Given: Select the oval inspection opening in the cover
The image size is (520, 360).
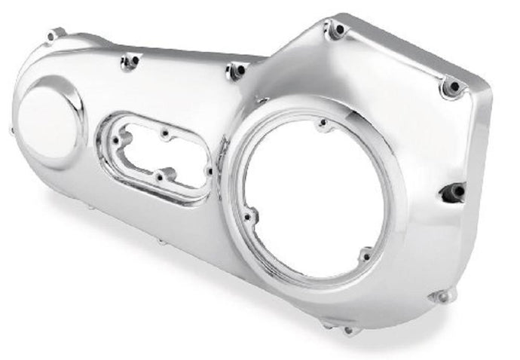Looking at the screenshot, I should [x=156, y=156].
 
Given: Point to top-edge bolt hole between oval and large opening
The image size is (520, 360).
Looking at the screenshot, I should [x=236, y=71].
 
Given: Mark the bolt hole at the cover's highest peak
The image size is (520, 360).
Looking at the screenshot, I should [x=336, y=30].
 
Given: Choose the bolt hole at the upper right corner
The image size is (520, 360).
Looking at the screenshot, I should [x=452, y=87].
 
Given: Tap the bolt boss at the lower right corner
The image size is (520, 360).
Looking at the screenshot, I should [x=440, y=296].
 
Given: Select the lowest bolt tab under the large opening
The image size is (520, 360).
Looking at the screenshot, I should [x=348, y=329].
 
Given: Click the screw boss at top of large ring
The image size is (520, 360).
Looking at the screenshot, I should [x=323, y=123].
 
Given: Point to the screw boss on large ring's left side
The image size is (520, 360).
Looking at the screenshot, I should [x=249, y=216].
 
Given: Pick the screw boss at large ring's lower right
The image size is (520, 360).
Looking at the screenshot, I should [x=366, y=255].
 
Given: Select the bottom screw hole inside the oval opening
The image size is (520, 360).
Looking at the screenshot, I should [x=159, y=177].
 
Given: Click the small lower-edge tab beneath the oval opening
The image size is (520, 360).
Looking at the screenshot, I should [x=160, y=242].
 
